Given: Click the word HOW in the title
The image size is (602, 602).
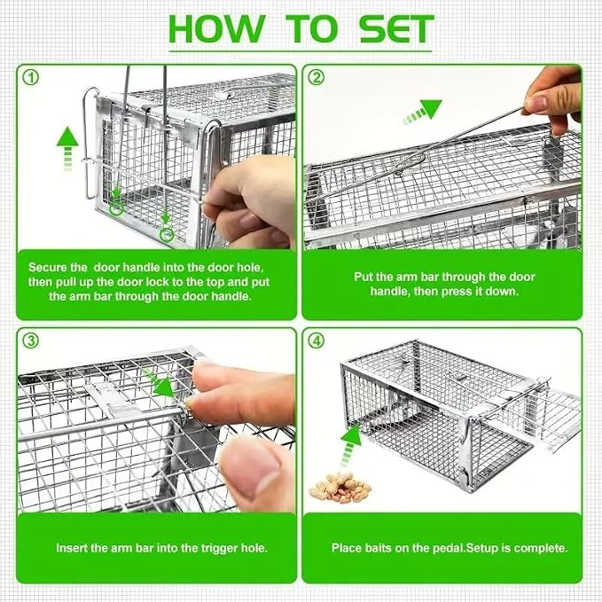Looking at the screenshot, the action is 217,29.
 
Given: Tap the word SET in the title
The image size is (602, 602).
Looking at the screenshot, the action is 396,29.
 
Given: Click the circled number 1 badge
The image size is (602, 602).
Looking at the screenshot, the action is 31,77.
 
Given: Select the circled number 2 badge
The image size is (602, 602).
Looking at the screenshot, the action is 316,77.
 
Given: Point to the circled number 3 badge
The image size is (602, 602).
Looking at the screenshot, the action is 31,340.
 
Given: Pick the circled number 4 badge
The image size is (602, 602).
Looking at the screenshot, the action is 316,340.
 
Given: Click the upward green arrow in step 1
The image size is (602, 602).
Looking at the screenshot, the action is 67,149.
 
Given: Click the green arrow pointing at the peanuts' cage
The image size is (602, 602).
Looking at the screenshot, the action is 350,446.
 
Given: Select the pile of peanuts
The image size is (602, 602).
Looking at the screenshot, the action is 340,488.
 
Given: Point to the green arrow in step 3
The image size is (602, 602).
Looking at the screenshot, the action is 160,383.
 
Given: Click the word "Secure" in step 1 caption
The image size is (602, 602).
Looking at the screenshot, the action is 48,267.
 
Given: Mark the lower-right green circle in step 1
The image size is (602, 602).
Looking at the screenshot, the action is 167,234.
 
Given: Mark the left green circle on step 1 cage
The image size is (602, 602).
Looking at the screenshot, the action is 116,208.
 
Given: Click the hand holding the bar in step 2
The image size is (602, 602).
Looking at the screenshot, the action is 553,98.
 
